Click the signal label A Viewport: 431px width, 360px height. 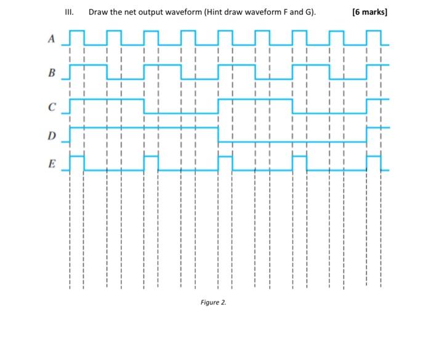pyautogui.click(x=52, y=40)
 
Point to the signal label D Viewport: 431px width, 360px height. pyautogui.click(x=52, y=135)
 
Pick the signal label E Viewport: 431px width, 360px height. pyautogui.click(x=52, y=164)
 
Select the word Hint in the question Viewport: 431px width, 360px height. pyautogui.click(x=220, y=12)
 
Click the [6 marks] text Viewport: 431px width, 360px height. pyautogui.click(x=369, y=12)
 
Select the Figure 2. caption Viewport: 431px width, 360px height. pyautogui.click(x=214, y=302)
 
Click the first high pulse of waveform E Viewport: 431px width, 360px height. pyautogui.click(x=76, y=158)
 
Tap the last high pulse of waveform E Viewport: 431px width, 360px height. pyautogui.click(x=374, y=158)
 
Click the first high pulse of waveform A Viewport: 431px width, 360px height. pyautogui.click(x=76, y=31)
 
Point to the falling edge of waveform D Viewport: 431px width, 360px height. pyautogui.click(x=219, y=134)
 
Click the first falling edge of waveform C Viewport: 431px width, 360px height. pyautogui.click(x=144, y=105)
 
